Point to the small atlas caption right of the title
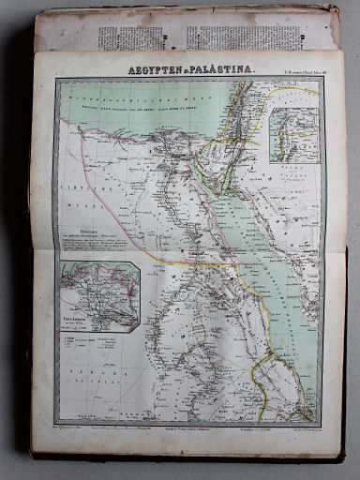[292, 71]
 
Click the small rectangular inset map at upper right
[292, 136]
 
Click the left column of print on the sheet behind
[141, 37]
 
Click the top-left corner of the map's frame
[55, 80]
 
